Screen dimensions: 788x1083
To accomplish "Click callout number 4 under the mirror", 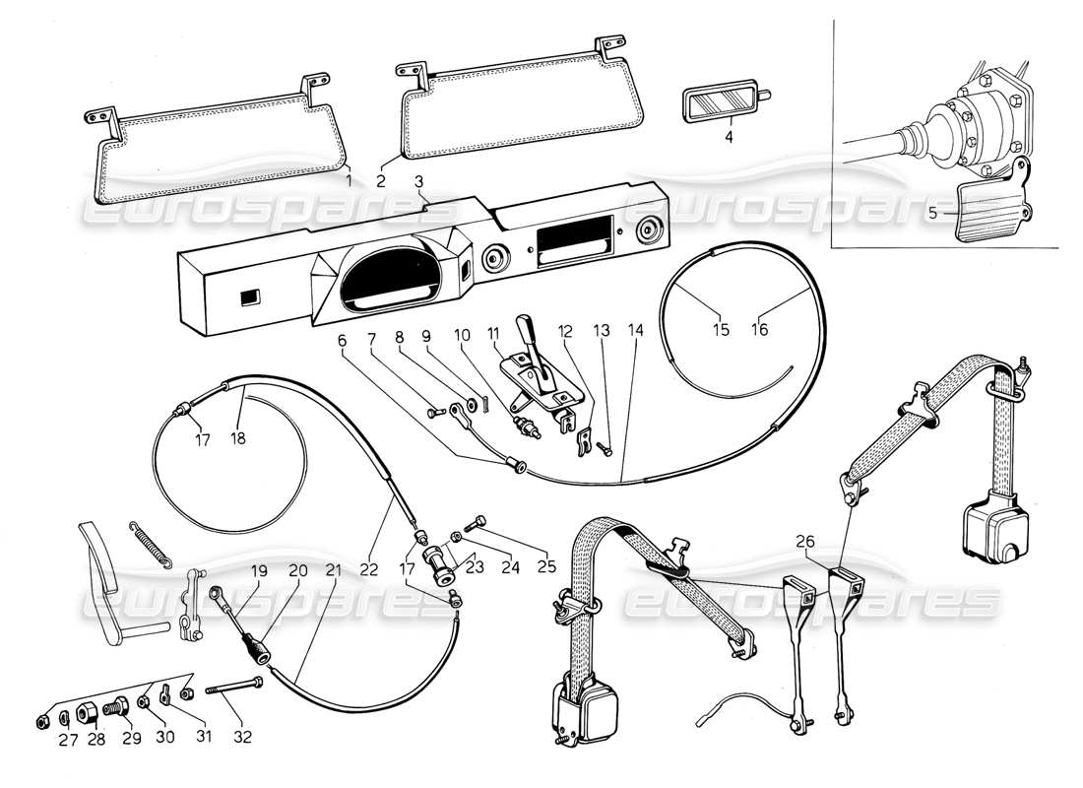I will [x=730, y=139].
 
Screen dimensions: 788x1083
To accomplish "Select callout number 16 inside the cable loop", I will [x=760, y=330].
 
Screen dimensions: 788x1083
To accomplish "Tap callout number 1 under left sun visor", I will [x=350, y=180].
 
